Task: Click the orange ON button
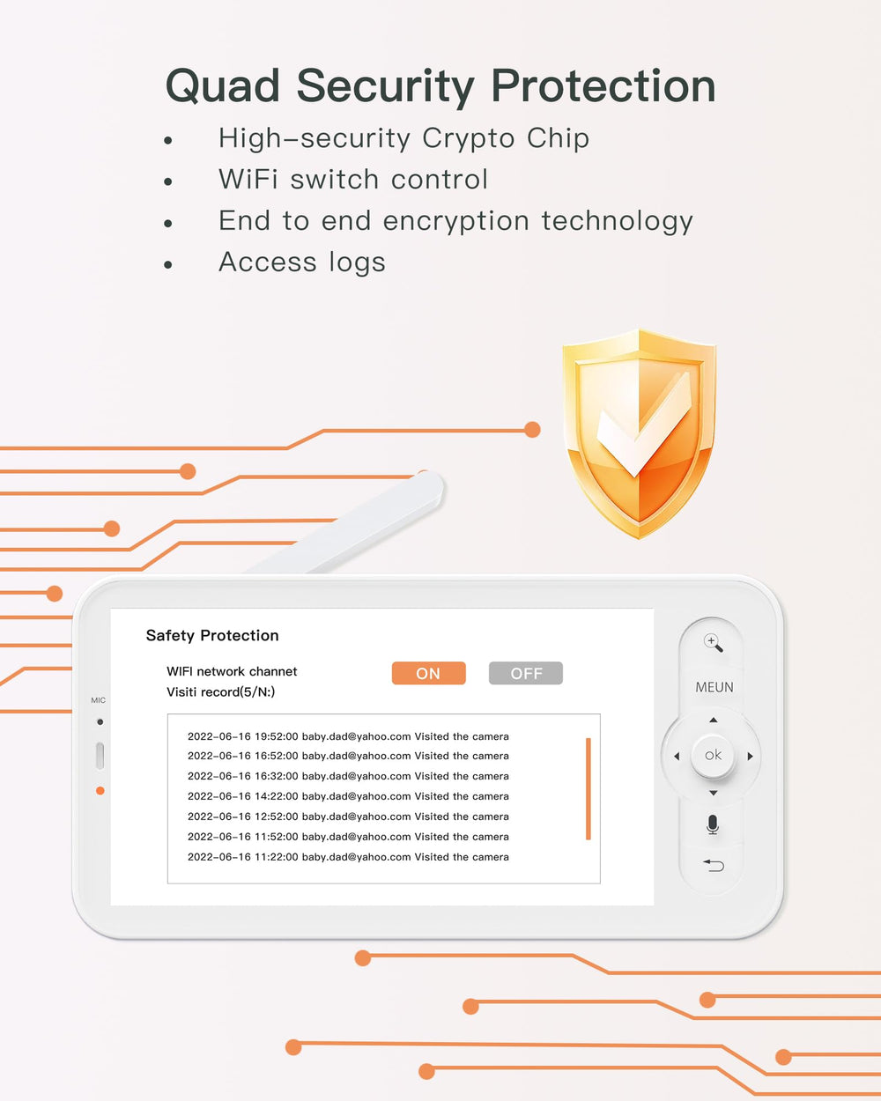pyautogui.click(x=428, y=673)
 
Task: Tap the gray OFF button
pyautogui.click(x=526, y=673)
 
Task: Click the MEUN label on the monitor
pyautogui.click(x=714, y=687)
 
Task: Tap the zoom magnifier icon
pyautogui.click(x=713, y=643)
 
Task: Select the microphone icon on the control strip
pyautogui.click(x=713, y=824)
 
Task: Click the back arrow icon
pyautogui.click(x=714, y=865)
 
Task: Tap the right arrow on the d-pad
pyautogui.click(x=750, y=757)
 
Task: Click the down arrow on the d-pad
pyautogui.click(x=713, y=793)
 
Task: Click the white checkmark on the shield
pyautogui.click(x=643, y=425)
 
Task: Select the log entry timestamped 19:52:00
pyautogui.click(x=348, y=736)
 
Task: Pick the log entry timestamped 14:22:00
pyautogui.click(x=348, y=796)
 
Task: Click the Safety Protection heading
pyautogui.click(x=212, y=635)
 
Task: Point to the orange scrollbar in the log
pyautogui.click(x=589, y=788)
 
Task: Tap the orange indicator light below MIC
pyautogui.click(x=100, y=791)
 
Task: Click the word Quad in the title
pyautogui.click(x=223, y=86)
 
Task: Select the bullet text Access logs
pyautogui.click(x=302, y=262)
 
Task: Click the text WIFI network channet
pyautogui.click(x=232, y=671)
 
